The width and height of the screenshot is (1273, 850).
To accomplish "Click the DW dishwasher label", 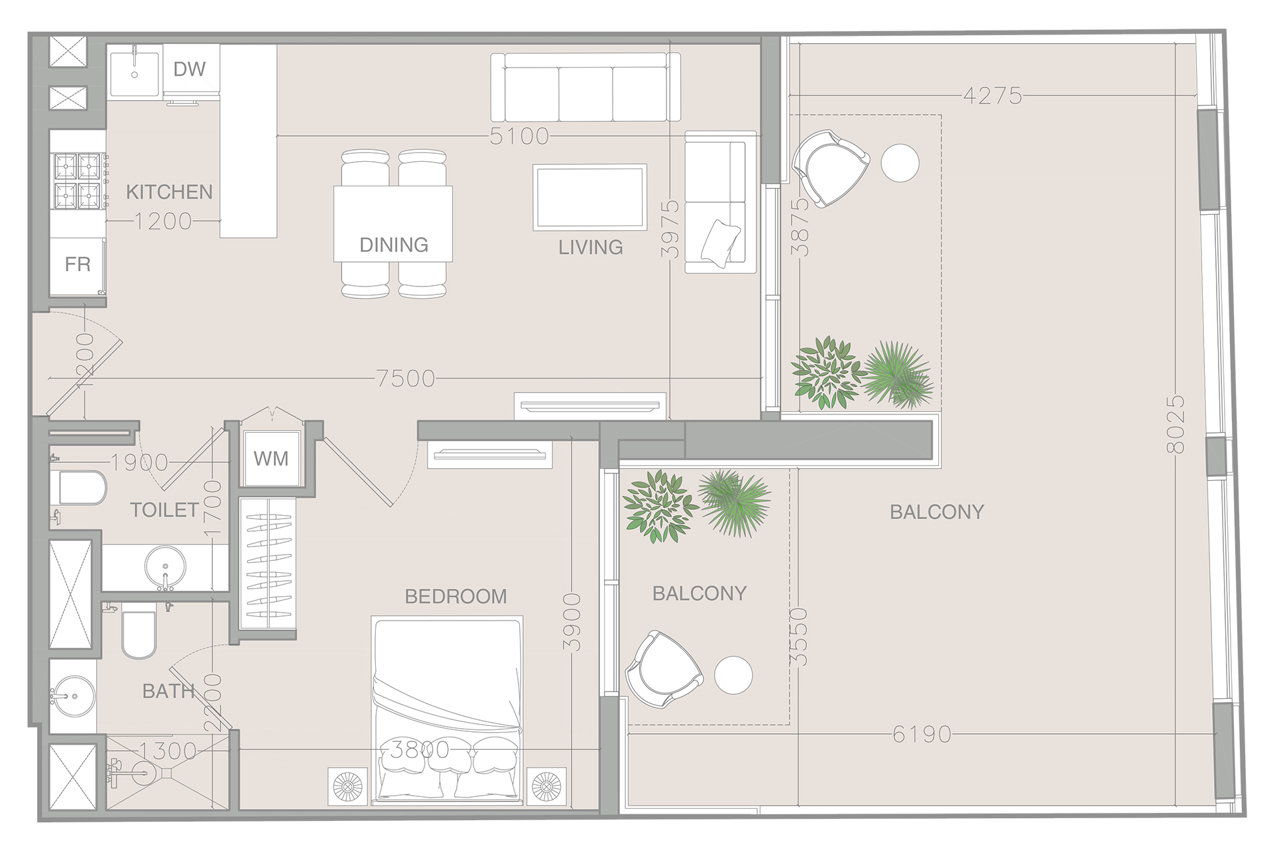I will click(190, 69).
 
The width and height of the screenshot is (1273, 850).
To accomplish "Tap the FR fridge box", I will click(78, 265).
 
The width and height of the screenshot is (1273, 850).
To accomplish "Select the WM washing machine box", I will click(271, 459).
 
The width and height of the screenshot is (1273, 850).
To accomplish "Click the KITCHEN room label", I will click(169, 192).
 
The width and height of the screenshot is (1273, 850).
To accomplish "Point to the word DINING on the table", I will click(393, 245).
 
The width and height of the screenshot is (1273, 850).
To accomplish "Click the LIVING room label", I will click(590, 247).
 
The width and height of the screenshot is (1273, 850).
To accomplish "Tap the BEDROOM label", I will click(455, 596).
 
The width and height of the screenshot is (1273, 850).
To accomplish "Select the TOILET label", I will click(164, 510).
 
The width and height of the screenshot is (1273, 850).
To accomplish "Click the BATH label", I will click(168, 692).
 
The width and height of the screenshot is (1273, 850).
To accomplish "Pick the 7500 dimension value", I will click(406, 379).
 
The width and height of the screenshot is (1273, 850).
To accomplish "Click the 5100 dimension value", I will click(519, 137).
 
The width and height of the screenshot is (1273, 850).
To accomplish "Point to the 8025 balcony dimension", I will click(1175, 424).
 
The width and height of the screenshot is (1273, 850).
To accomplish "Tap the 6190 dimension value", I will click(922, 734).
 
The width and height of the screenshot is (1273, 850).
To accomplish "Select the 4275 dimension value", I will click(992, 96).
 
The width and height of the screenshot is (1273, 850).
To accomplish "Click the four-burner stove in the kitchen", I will click(77, 181).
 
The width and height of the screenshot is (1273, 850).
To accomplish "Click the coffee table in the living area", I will click(589, 198).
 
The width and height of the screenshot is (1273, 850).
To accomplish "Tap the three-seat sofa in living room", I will click(585, 88).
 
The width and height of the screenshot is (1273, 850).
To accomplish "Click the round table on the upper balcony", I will click(900, 162).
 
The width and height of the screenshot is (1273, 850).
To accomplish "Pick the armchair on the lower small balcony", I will click(663, 670).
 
